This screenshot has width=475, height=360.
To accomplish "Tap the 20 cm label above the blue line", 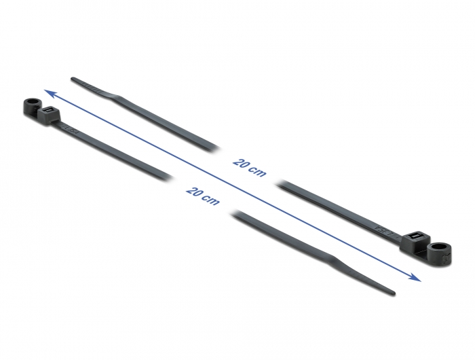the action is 250,168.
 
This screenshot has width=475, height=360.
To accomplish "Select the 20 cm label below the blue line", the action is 203,196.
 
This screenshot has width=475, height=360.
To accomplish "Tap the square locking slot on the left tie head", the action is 47,110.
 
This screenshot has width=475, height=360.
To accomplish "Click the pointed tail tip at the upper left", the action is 72,79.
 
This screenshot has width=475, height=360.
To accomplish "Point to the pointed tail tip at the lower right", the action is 394,293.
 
